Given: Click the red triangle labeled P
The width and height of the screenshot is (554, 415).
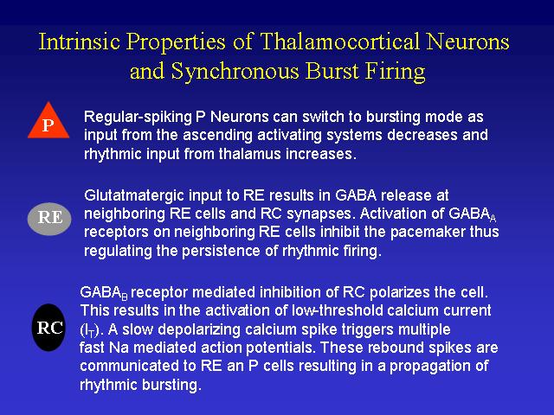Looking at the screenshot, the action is click(x=48, y=122).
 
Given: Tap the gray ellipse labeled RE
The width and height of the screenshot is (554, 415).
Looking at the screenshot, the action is click(x=49, y=219).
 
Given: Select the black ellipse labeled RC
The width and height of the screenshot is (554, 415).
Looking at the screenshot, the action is click(x=49, y=328).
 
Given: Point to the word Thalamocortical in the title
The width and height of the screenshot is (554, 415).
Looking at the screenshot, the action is click(x=339, y=41).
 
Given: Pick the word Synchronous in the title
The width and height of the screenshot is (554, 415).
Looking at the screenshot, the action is click(x=235, y=71).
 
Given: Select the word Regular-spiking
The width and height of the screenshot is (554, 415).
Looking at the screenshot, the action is click(x=138, y=118).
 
